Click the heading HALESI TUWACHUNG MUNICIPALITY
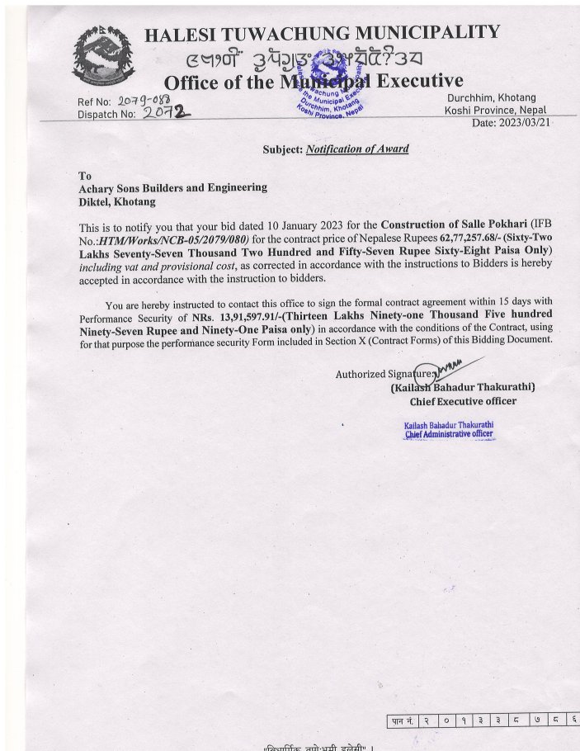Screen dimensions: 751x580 tap(322, 33)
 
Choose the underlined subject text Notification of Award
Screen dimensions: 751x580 tap(357, 149)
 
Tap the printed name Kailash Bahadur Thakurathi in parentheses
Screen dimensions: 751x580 tap(463, 386)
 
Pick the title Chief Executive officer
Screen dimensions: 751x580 tap(463, 401)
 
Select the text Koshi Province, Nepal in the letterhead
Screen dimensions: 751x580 tap(495, 111)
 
